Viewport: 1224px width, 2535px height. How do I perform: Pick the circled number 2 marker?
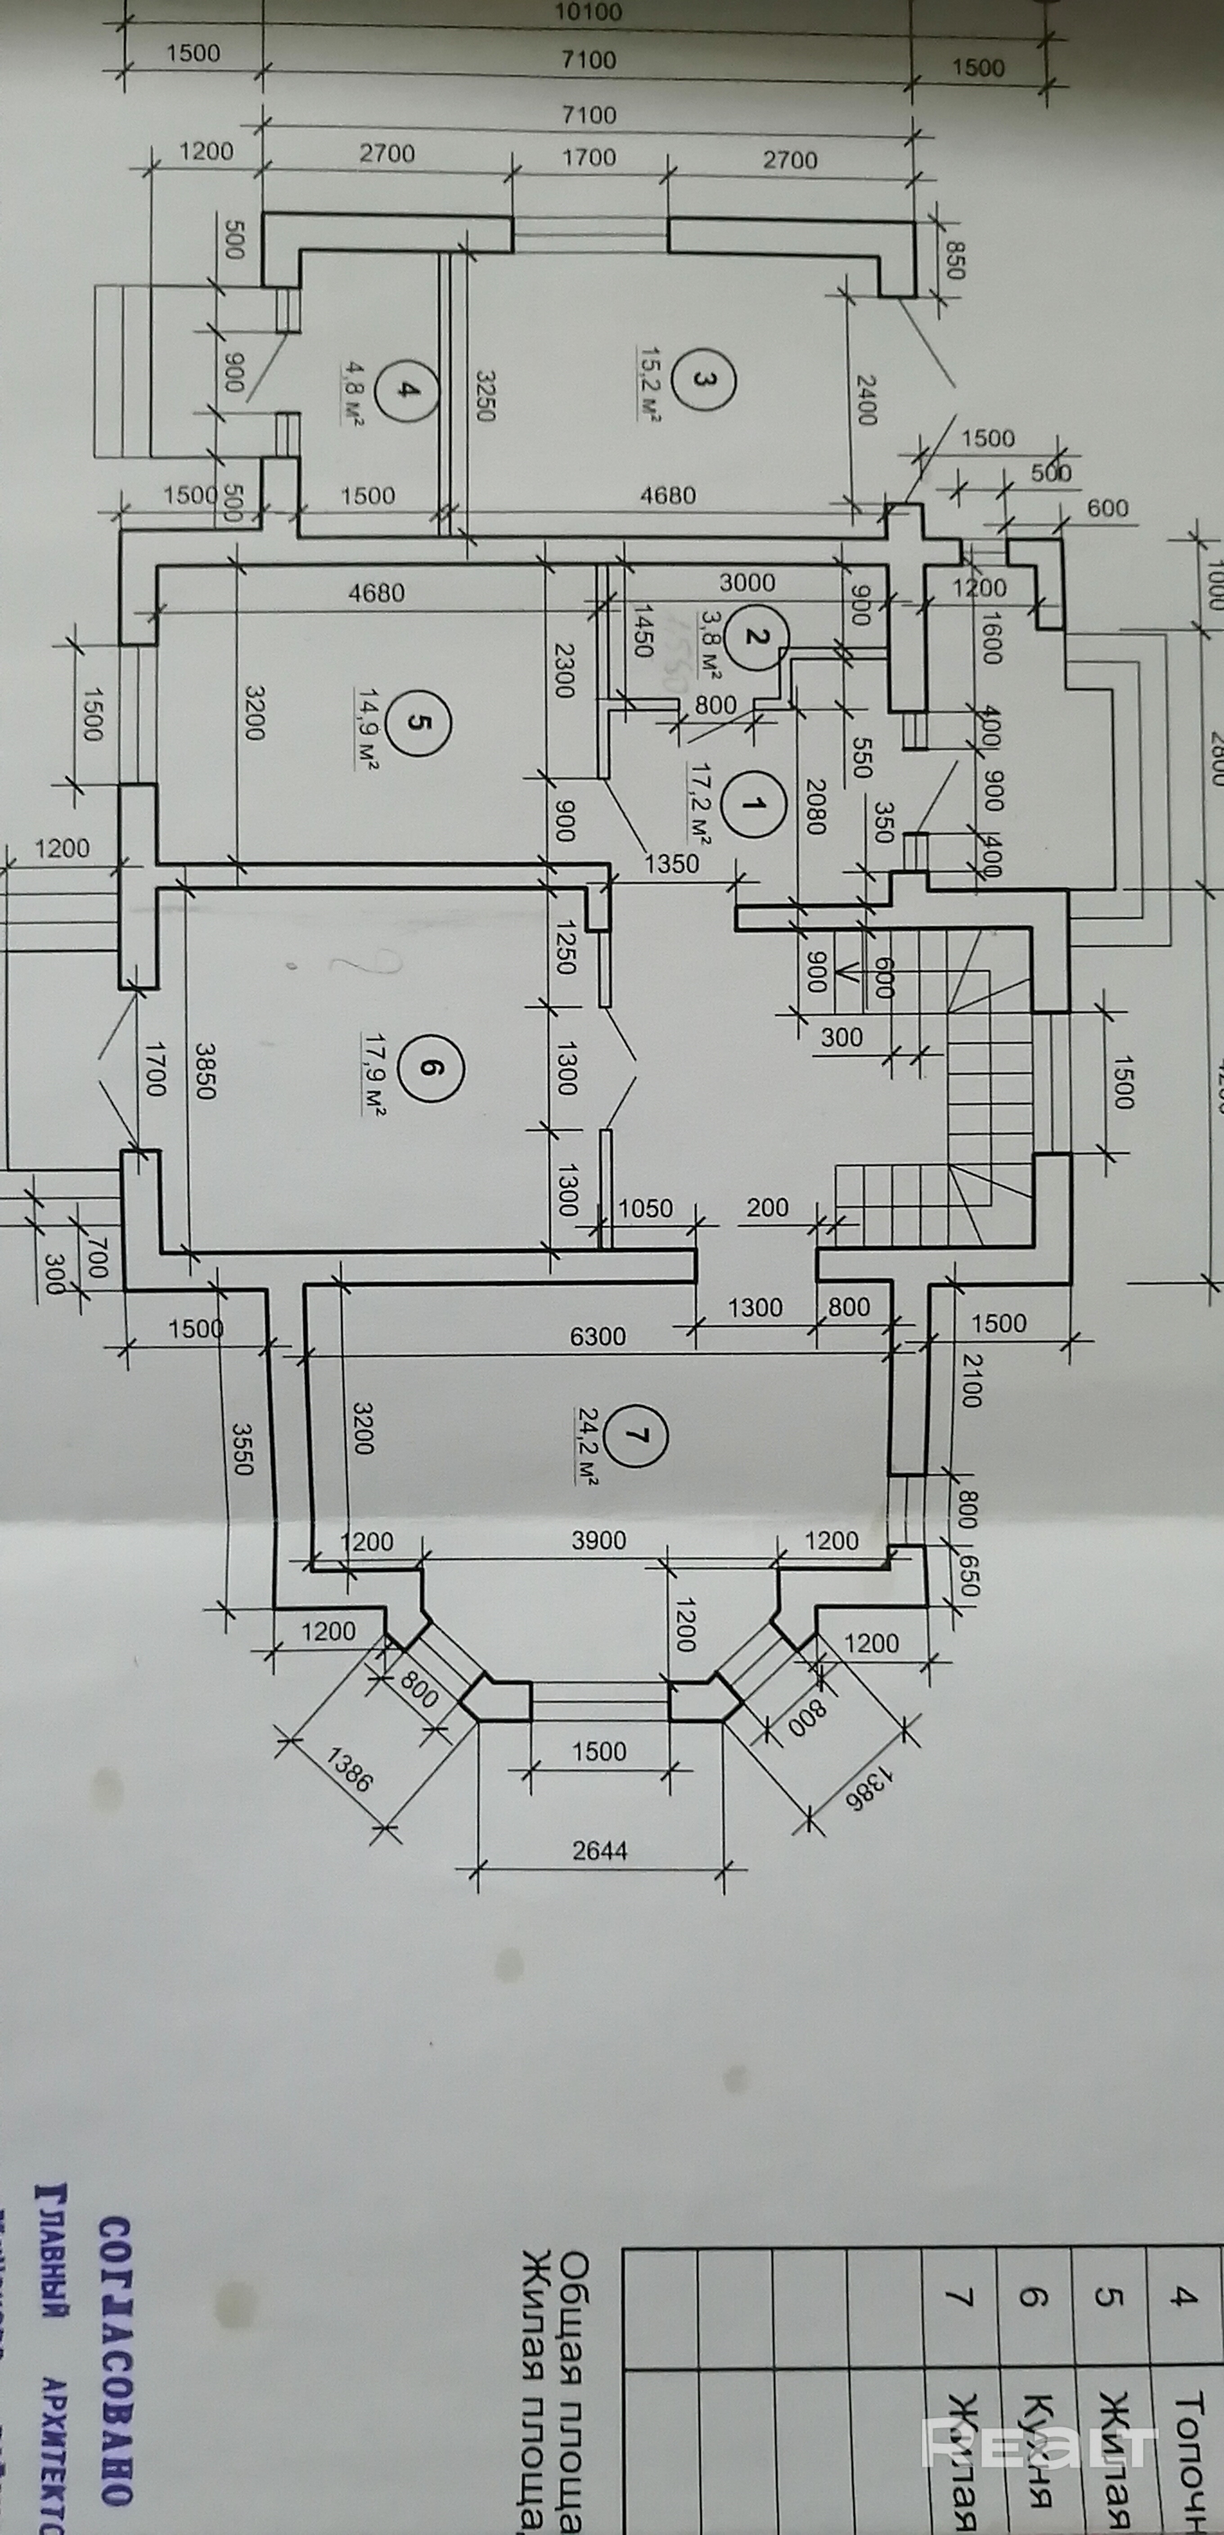point(755,637)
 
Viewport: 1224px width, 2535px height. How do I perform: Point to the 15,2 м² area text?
point(649,384)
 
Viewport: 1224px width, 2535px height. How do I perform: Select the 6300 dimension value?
point(597,1335)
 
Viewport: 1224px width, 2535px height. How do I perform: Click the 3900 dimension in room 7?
point(598,1540)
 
